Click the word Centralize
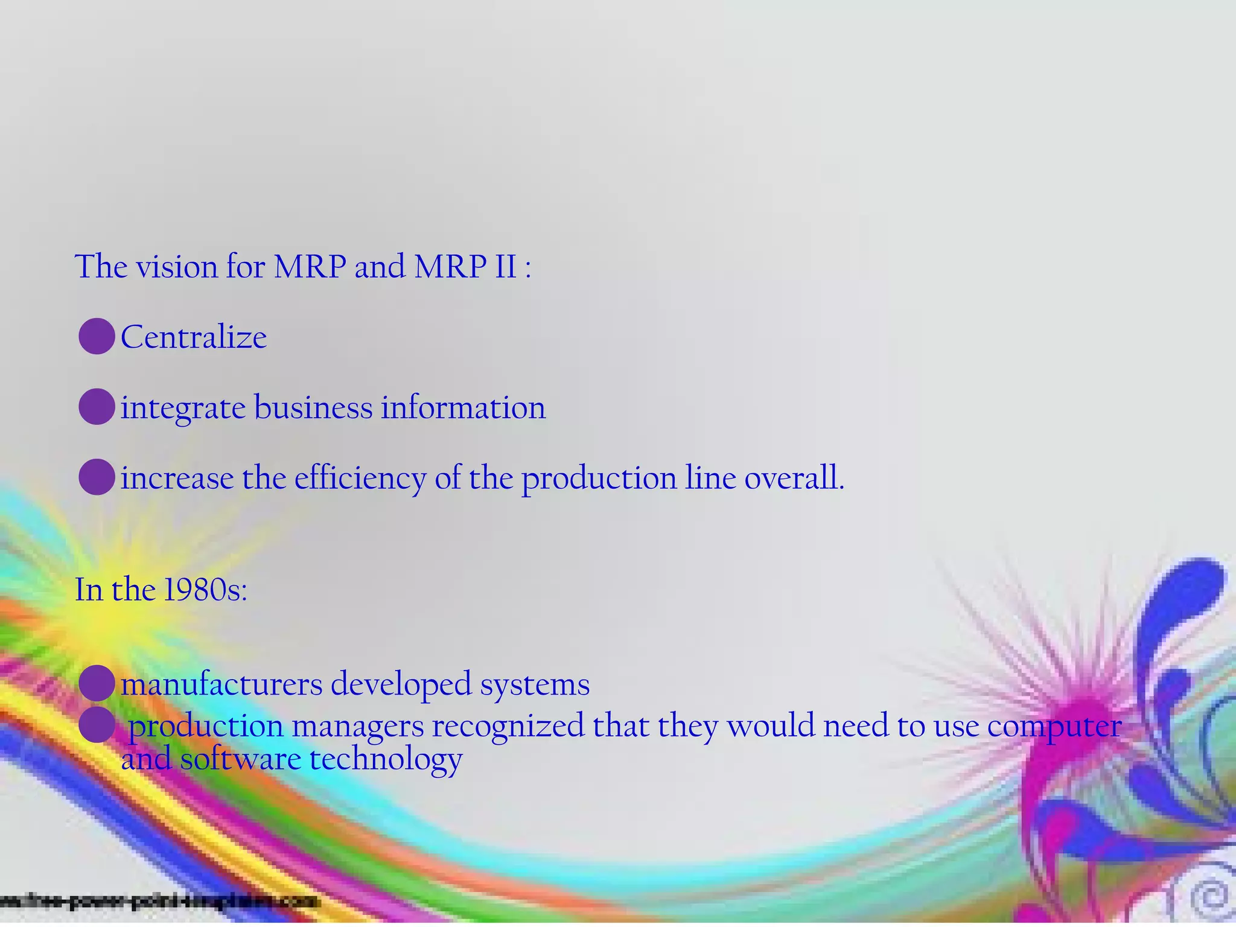[193, 337]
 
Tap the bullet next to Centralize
[97, 336]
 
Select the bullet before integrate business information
[97, 407]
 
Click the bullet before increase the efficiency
[97, 477]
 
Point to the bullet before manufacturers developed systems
[97, 683]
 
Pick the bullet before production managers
[97, 724]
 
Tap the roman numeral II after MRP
[506, 266]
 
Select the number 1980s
[202, 589]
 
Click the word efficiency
[360, 479]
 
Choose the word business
[313, 407]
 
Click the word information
[463, 407]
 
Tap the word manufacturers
[221, 684]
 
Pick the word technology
[386, 759]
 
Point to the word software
[241, 759]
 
